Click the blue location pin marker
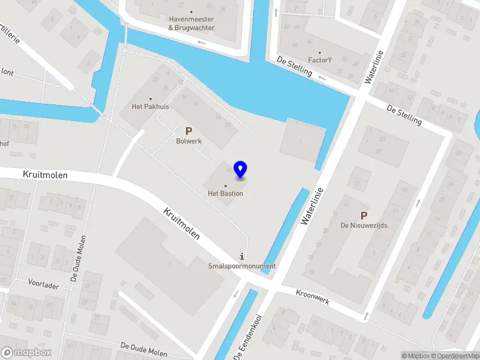click(241, 170)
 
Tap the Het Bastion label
click(225, 193)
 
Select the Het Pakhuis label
click(151, 107)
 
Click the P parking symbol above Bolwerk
click(188, 131)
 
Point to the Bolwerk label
click(188, 142)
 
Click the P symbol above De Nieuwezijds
click(363, 215)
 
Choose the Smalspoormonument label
click(242, 266)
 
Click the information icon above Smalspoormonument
click(242, 256)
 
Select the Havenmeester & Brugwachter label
click(191, 23)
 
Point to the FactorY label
click(320, 60)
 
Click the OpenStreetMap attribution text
click(455, 356)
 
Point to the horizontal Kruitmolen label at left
click(45, 175)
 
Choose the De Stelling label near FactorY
click(295, 66)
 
